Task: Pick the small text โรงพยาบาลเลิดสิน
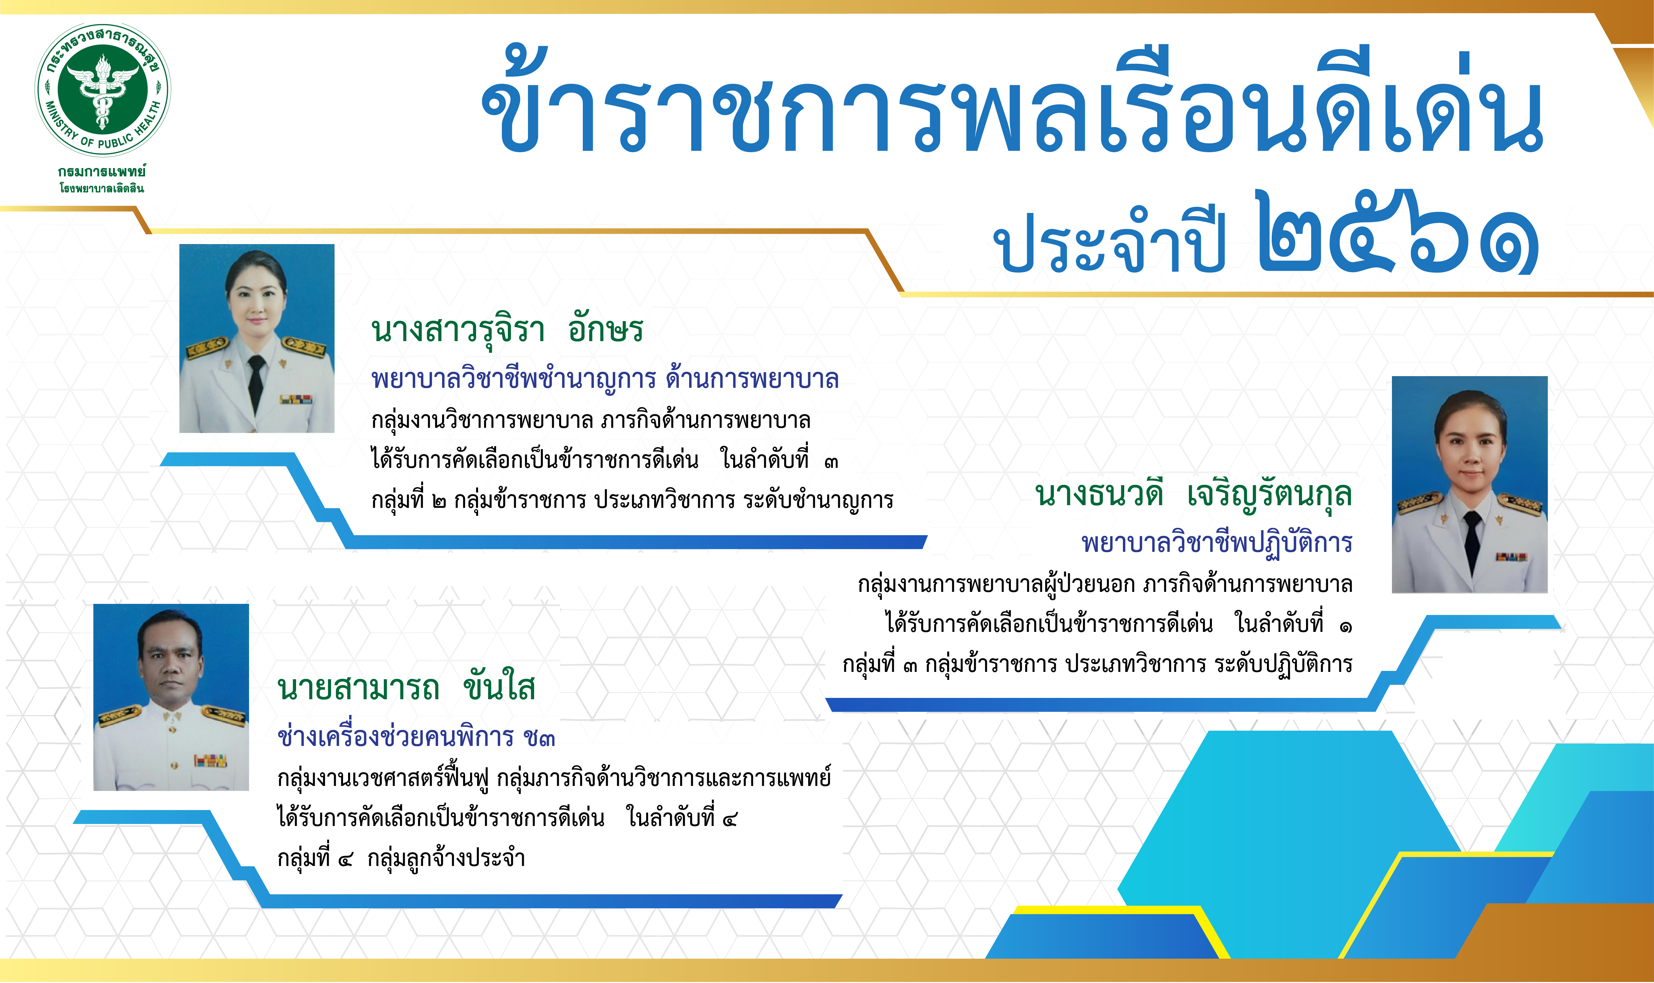(101, 188)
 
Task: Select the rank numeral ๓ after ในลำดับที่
(831, 462)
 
